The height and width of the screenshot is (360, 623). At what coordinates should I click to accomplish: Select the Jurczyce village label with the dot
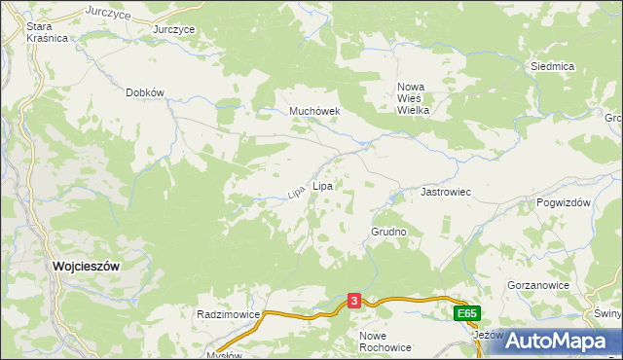[174, 29]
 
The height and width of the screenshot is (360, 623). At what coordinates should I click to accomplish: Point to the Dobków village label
[146, 92]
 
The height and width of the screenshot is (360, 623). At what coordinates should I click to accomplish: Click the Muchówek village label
[313, 111]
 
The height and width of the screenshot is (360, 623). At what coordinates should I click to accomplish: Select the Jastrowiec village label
[445, 193]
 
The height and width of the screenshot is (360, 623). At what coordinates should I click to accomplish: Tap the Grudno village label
[387, 233]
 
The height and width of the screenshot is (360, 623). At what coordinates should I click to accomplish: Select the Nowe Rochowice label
[385, 341]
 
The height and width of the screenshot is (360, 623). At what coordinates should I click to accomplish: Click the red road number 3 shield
[354, 302]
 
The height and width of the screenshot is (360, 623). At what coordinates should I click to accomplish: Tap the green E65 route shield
[467, 313]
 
